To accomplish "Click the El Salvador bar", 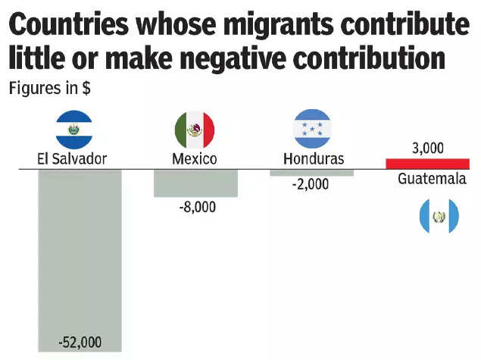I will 79,250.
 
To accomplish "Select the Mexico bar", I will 195,183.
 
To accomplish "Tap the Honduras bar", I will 311,173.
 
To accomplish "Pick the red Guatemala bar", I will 427,164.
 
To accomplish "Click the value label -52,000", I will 80,342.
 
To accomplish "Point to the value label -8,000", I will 195,206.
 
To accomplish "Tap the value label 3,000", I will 427,148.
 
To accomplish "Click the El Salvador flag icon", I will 73,129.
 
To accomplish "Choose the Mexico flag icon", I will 195,129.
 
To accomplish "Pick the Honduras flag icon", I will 312,127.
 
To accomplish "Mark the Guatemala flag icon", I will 439,216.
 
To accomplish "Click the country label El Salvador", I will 71,159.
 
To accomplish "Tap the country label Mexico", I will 195,159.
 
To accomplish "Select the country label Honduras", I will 313,159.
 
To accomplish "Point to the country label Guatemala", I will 432,180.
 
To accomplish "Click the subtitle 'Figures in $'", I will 50,87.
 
